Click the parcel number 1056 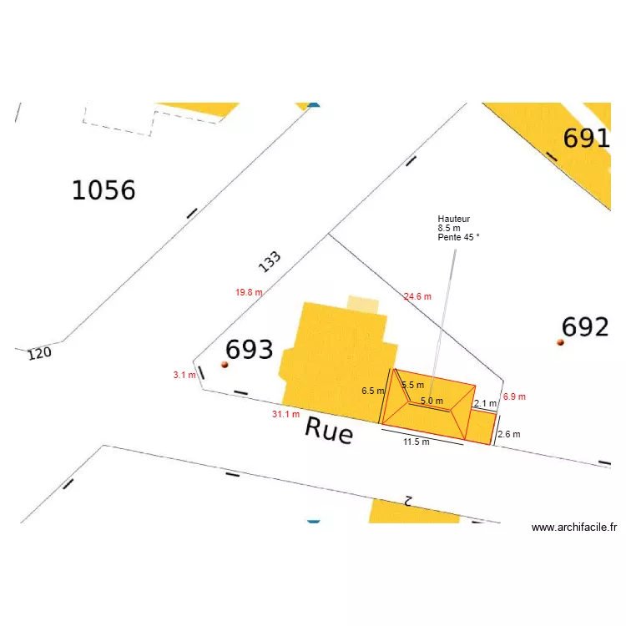(103, 190)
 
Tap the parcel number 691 (586, 139)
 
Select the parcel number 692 (585, 327)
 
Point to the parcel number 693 (250, 350)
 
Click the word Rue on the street (329, 430)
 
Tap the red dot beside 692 (561, 341)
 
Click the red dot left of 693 (224, 365)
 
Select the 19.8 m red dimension (249, 293)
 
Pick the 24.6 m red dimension (417, 296)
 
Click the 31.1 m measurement (285, 414)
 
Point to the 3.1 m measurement (184, 376)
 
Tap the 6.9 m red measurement (515, 397)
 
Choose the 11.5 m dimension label (416, 442)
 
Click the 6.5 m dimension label (372, 391)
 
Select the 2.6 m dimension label (509, 435)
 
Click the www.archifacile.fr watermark (574, 528)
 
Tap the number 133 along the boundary (270, 261)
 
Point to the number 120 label (39, 353)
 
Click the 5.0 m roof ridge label (432, 401)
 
